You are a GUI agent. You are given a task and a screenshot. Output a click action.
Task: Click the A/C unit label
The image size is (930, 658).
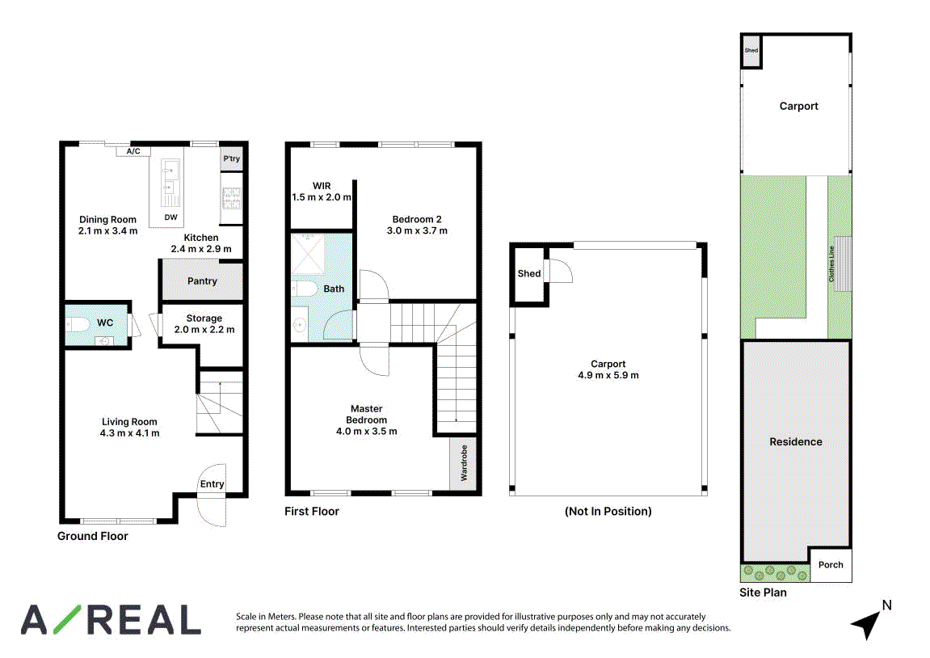click(x=133, y=151)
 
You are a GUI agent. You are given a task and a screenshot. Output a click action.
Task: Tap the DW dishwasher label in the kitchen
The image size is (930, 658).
click(x=170, y=217)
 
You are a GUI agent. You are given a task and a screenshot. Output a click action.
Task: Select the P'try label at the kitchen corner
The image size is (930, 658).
click(x=231, y=158)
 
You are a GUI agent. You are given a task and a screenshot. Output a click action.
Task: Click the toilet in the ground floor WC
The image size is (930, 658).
click(x=77, y=324)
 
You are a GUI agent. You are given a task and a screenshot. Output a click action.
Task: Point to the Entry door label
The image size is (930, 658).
click(x=212, y=484)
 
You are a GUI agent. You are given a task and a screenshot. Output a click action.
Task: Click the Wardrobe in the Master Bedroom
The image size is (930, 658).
click(x=463, y=463)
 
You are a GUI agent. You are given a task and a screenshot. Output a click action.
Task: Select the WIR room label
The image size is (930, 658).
click(x=322, y=186)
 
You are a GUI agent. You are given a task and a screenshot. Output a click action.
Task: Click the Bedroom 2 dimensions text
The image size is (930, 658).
click(x=417, y=230)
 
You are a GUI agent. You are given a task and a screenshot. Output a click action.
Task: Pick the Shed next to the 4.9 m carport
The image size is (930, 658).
click(x=529, y=273)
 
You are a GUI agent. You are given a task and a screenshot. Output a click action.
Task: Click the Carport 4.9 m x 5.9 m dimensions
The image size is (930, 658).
click(x=608, y=375)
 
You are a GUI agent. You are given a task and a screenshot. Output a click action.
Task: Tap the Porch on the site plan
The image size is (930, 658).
click(x=831, y=564)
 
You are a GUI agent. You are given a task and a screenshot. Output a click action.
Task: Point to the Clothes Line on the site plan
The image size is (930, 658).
click(x=842, y=264)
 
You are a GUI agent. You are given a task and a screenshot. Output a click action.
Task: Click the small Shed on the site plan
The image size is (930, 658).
click(x=751, y=51)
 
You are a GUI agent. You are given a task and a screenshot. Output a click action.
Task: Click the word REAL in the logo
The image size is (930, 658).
click(x=147, y=620)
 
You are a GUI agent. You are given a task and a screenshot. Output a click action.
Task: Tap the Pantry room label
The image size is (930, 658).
click(x=202, y=280)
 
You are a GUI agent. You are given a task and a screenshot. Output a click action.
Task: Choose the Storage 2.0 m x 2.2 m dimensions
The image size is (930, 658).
click(x=204, y=329)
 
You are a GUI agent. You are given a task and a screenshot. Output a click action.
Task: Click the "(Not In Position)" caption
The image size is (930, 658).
click(x=608, y=511)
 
